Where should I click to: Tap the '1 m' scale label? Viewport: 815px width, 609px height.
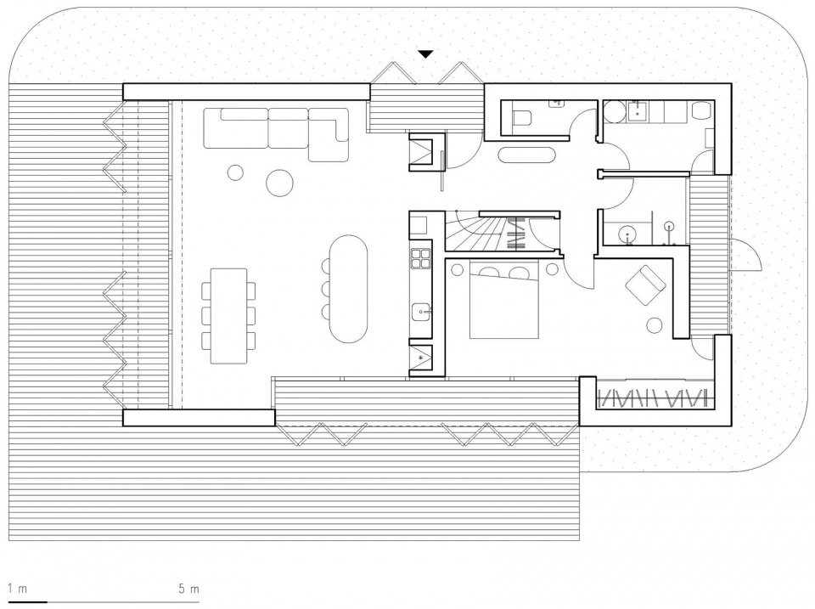tap(17, 589)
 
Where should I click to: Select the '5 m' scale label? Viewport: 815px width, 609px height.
tap(188, 589)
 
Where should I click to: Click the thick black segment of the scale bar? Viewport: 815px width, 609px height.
tap(28, 601)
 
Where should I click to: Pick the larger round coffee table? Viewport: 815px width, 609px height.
tap(279, 183)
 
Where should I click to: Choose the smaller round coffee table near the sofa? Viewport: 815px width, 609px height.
tap(235, 172)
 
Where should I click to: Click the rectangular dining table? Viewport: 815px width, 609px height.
tap(228, 316)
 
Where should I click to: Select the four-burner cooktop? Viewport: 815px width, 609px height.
tap(420, 258)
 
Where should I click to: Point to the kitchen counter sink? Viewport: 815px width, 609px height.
tap(420, 313)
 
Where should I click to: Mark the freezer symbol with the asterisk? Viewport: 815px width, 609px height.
tap(420, 358)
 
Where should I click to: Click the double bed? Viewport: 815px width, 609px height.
tap(503, 299)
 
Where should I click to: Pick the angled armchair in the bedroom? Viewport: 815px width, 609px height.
tap(645, 285)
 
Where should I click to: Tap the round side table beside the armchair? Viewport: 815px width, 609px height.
tap(655, 325)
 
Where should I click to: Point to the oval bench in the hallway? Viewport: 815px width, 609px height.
tap(527, 155)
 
